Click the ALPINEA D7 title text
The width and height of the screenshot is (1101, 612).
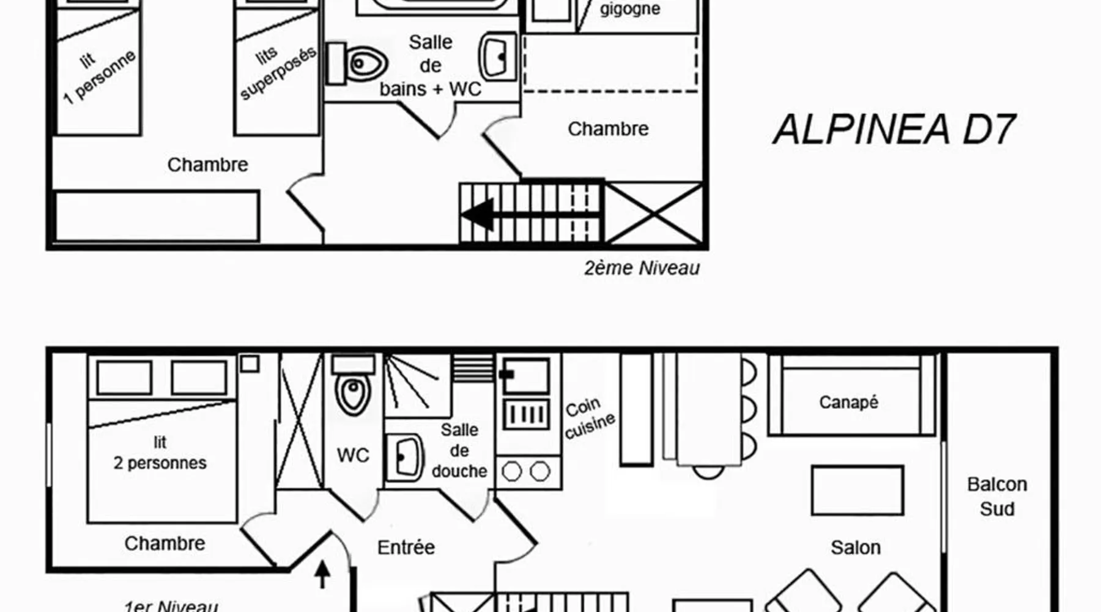[894, 130]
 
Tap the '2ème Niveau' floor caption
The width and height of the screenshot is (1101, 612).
[642, 268]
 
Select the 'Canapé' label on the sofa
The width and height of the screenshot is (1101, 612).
[848, 402]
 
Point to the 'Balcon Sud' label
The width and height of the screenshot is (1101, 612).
[997, 496]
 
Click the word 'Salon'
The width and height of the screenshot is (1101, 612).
[856, 547]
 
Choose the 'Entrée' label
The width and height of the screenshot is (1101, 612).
[406, 547]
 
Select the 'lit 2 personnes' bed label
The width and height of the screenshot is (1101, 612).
[160, 453]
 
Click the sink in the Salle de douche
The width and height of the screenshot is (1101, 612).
[404, 457]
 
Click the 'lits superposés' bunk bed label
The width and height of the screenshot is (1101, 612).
[277, 72]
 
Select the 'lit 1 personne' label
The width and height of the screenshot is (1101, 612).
[98, 76]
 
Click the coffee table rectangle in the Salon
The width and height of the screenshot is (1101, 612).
[858, 490]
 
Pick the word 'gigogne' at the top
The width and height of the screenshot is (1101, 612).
[630, 9]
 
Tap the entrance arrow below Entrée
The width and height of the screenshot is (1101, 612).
[322, 575]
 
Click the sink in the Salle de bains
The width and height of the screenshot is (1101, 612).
[498, 57]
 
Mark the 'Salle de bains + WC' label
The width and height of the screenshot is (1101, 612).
[431, 65]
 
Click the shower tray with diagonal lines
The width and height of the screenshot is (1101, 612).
[418, 386]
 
